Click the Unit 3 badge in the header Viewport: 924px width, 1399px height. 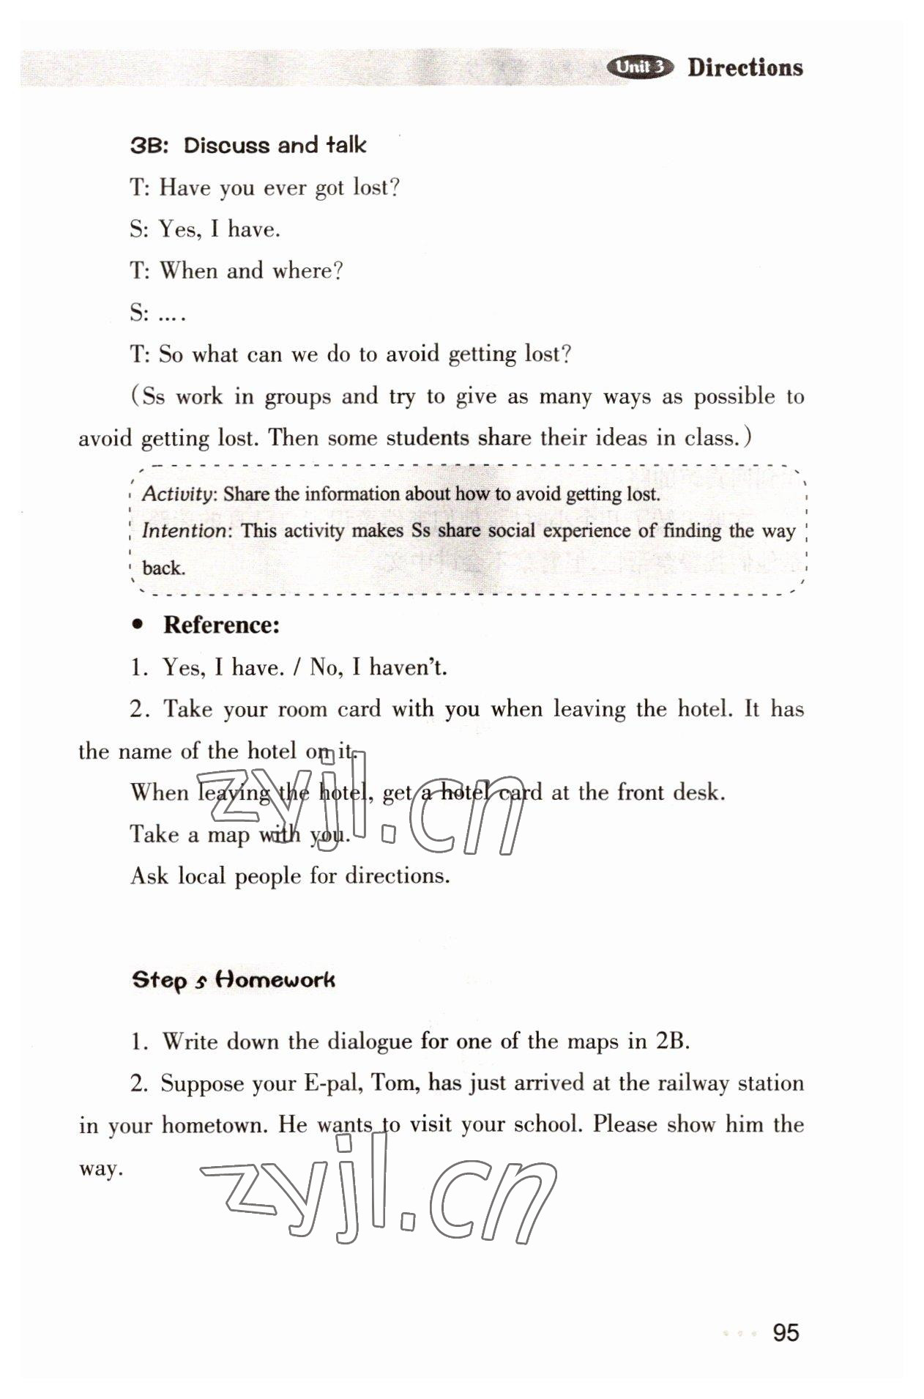click(x=639, y=67)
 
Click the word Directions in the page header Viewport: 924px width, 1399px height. click(x=745, y=67)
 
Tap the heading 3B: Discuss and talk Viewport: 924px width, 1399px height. click(x=247, y=145)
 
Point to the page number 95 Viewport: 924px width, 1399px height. click(x=785, y=1332)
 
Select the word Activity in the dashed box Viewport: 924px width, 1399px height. click(x=178, y=494)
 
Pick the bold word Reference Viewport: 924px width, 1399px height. click(x=221, y=625)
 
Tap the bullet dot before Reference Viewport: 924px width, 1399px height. click(x=136, y=625)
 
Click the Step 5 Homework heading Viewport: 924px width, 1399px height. click(x=233, y=980)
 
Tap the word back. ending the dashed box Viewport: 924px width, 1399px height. click(x=163, y=568)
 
